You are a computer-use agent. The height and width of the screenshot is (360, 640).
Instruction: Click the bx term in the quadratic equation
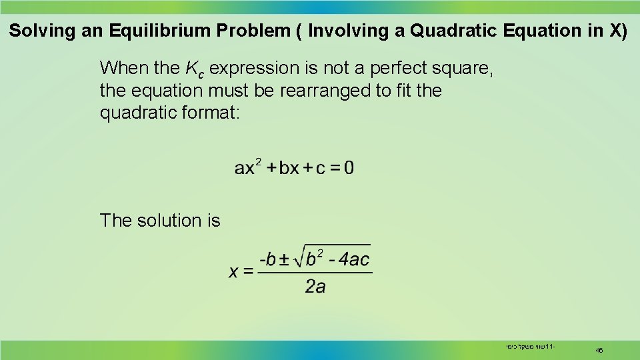pos(289,167)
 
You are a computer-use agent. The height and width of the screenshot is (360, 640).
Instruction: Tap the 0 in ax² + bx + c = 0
pos(348,167)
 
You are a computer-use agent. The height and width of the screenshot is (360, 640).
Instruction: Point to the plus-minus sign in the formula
pos(284,259)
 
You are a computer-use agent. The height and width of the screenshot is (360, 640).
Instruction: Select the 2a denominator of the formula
pos(315,287)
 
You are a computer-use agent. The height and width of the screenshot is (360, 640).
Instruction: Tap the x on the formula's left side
pos(234,271)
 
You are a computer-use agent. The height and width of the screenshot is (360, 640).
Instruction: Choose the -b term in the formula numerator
pos(267,259)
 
